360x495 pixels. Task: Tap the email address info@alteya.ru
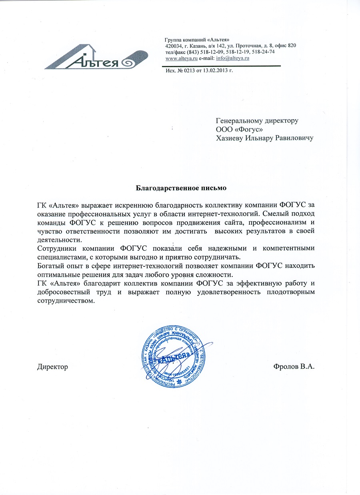click(x=233, y=58)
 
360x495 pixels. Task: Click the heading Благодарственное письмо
click(x=181, y=187)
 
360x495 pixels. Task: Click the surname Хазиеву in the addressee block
click(x=230, y=138)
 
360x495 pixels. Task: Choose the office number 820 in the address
click(x=292, y=46)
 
